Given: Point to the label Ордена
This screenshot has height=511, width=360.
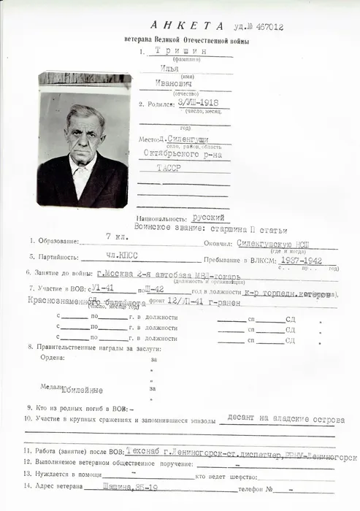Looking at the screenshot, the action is point(53,358).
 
